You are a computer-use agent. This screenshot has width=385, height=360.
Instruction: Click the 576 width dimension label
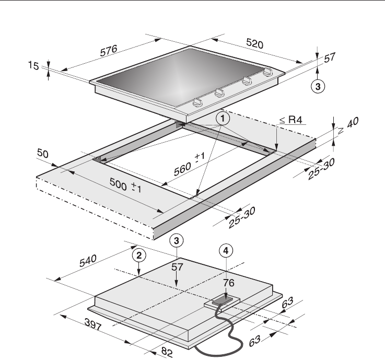click(x=109, y=51)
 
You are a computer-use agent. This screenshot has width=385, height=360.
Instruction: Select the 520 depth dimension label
click(x=254, y=44)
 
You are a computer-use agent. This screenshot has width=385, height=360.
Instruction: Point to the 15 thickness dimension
click(x=33, y=65)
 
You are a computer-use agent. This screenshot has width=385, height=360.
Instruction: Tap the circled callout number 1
click(x=223, y=119)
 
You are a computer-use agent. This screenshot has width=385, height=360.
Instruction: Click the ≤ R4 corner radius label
click(x=291, y=120)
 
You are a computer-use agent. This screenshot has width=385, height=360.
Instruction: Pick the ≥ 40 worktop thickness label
click(x=348, y=125)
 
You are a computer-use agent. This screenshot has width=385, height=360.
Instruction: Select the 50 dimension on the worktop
click(x=43, y=154)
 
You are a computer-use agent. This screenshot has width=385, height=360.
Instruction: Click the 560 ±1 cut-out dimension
click(x=189, y=164)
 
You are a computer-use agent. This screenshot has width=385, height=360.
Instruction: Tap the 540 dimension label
click(x=88, y=261)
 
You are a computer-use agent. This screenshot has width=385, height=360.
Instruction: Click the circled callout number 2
click(x=139, y=256)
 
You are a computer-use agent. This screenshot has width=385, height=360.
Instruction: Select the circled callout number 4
click(x=226, y=251)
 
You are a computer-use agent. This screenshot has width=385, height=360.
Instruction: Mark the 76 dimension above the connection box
click(x=229, y=283)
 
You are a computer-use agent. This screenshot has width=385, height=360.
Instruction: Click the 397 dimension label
click(x=93, y=324)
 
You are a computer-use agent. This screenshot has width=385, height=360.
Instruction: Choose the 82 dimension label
click(x=167, y=352)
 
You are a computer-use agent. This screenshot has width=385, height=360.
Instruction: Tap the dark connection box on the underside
click(x=223, y=301)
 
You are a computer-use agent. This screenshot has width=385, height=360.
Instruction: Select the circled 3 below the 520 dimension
click(x=318, y=86)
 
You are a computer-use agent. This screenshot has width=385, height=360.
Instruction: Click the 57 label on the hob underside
click(x=177, y=267)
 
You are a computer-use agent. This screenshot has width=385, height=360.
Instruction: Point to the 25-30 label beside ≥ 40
click(x=321, y=169)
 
